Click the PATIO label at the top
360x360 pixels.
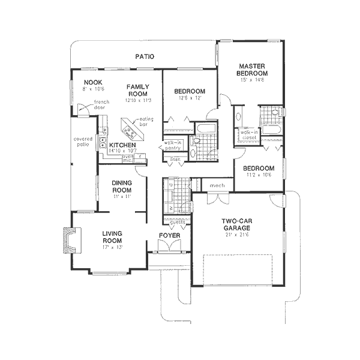point(145,56)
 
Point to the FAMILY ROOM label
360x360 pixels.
point(137,91)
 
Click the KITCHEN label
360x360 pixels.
point(122,145)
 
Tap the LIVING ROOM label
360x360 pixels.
point(112,238)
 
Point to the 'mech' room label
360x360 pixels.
point(217,186)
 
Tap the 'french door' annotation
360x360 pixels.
point(100,106)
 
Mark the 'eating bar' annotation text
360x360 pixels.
point(146,122)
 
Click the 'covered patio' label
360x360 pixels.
point(83,142)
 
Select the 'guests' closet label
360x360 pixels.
point(178,223)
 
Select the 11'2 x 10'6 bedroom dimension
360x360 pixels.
point(259,175)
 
